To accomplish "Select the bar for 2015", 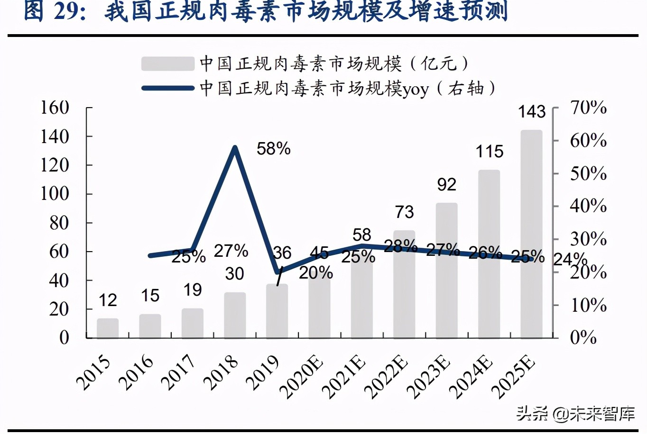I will point(108,328).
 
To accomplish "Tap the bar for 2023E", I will point(446,270).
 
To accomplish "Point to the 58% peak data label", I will point(273,149).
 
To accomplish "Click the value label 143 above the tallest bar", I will point(531,112).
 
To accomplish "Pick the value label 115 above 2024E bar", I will point(489,152).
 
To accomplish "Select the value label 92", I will point(446,184).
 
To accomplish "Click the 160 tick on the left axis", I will point(55,108).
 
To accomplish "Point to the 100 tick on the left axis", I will point(55,194).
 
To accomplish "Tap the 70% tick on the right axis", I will point(588,108).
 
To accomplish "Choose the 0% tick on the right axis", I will point(583,337).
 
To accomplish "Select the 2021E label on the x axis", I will point(344,377).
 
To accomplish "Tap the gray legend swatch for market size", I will point(167,63).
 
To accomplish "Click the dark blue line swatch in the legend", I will point(167,88).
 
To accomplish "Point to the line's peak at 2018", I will point(235,148).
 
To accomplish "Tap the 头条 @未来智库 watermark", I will point(575,413).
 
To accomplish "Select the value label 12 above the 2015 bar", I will point(108,300).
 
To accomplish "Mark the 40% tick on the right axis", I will point(588,206).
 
